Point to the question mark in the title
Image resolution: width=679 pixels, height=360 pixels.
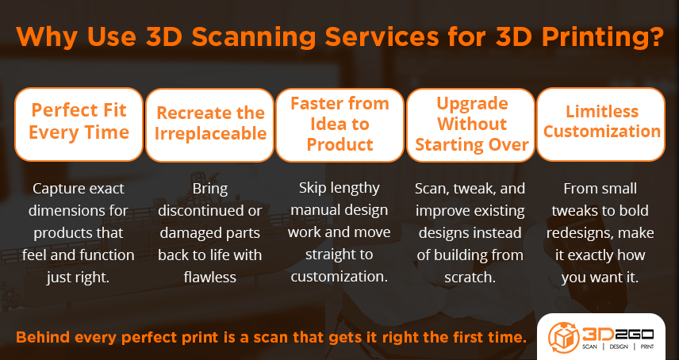tap(654, 38)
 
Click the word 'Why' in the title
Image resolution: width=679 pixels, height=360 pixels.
tap(47, 38)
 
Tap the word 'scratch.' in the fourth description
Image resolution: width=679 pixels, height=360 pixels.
tap(471, 277)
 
